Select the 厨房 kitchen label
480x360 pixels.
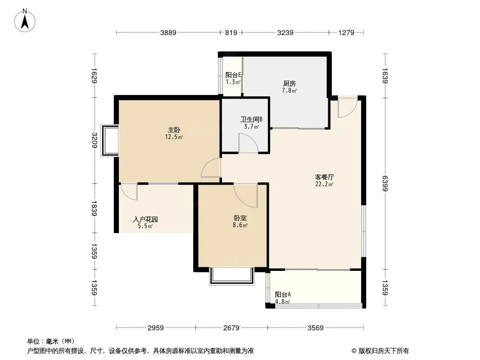tap(289, 83)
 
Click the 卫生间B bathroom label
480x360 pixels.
tap(251, 120)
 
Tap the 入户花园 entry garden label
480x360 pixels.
tap(145, 220)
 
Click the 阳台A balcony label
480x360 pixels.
tap(283, 294)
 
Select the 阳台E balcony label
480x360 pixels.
tap(233, 75)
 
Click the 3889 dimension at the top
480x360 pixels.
tap(168, 32)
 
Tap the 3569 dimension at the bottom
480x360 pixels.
tap(316, 328)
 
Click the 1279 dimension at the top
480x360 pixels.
tap(346, 32)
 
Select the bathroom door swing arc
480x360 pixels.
tap(248, 144)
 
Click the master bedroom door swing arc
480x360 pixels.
tap(211, 168)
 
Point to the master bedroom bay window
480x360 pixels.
tap(109, 141)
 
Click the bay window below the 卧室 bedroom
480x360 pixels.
tap(231, 275)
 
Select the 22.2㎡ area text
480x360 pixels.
tap(324, 184)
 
